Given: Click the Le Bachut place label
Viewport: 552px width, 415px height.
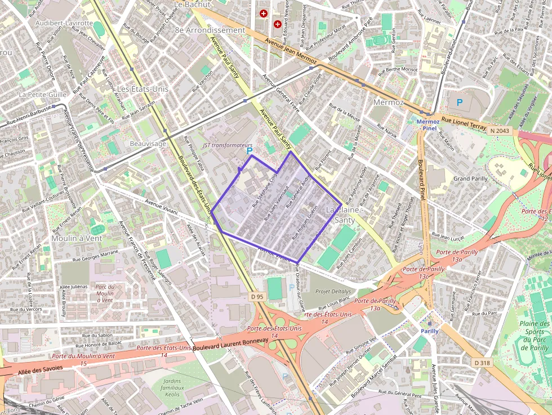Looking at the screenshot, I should (192, 5).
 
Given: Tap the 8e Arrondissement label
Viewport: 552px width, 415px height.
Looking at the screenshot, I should (210, 30).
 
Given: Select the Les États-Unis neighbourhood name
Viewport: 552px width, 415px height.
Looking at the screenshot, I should (143, 89).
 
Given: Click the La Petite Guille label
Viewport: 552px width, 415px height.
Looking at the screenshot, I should (43, 95).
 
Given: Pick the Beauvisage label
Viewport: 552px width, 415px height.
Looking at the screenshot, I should (148, 144).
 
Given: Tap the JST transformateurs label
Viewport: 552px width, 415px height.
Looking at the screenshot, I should (228, 145).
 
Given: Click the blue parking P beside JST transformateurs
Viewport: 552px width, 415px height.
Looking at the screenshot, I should (250, 151).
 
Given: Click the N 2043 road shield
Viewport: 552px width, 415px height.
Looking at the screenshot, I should (499, 131).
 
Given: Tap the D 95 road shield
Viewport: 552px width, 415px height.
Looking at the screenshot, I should (257, 297).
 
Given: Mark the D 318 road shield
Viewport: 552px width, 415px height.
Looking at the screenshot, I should (482, 363).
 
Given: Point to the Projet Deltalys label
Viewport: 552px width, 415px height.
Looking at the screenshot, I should (333, 292).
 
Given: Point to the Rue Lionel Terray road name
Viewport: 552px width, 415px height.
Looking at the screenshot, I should (463, 124).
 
